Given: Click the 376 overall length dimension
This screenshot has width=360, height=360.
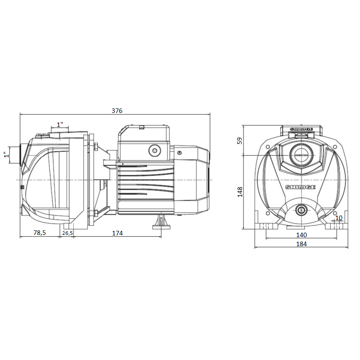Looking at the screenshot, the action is pos(117,111).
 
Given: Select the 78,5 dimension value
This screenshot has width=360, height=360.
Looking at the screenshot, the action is pos(40,233).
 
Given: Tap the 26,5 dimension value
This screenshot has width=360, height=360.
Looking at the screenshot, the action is pos(67,233).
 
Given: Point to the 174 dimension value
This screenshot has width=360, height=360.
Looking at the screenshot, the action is pos(117,233).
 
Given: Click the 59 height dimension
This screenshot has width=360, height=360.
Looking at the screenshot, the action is pos(239,140).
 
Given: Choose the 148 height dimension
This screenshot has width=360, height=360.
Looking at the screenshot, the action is pos(240,192).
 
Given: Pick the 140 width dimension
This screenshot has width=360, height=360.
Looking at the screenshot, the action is pos(301,235).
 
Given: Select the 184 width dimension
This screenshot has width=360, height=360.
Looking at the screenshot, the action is pos(301,244).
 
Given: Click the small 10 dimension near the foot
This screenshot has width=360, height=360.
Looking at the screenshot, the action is pos(339,218).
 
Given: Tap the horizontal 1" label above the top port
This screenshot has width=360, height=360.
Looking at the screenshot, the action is pos(60,125).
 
